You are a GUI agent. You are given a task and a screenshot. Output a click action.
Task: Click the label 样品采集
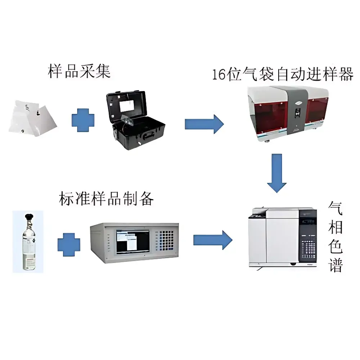(x=79, y=71)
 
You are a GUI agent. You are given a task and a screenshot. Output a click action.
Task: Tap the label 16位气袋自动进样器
(x=283, y=75)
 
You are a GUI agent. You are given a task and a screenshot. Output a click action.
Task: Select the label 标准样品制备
(x=106, y=198)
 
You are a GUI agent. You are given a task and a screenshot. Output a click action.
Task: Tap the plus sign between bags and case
(x=83, y=120)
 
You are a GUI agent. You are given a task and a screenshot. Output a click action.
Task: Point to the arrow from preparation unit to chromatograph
(x=213, y=240)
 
